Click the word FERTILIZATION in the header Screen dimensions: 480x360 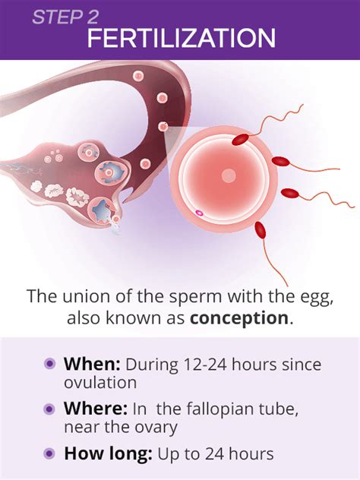pyautogui.click(x=181, y=38)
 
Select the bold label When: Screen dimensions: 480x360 pyautogui.click(x=92, y=363)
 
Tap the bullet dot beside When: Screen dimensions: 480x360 pyautogui.click(x=49, y=364)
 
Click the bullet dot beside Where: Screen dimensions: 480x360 pyautogui.click(x=49, y=409)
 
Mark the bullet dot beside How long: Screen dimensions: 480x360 pyautogui.click(x=49, y=455)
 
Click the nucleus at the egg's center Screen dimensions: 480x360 pyautogui.click(x=229, y=176)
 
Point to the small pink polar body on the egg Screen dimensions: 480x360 pyautogui.click(x=199, y=213)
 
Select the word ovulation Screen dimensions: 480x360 pyautogui.click(x=100, y=382)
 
